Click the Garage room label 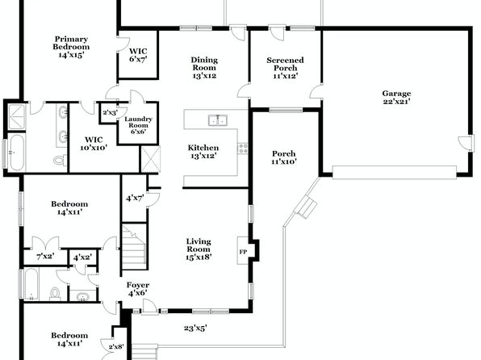pos(396,98)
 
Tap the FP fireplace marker pos(243,252)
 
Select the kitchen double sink pos(217,120)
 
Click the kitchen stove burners pos(243,149)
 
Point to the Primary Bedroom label pos(71,47)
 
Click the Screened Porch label pos(285,68)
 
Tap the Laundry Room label pos(138,125)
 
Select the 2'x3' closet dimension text pos(110,113)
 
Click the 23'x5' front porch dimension pos(195,328)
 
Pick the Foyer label pos(138,289)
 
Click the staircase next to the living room pos(134,247)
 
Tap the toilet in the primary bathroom pos(59,160)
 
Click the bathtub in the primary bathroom pos(16,153)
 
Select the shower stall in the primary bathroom pos(17,117)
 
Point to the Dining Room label pos(204,68)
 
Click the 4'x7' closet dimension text pos(135,199)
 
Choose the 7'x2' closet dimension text pos(45,256)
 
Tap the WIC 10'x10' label pos(94,144)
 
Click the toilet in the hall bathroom pos(55,293)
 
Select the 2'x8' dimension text pos(116,347)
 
